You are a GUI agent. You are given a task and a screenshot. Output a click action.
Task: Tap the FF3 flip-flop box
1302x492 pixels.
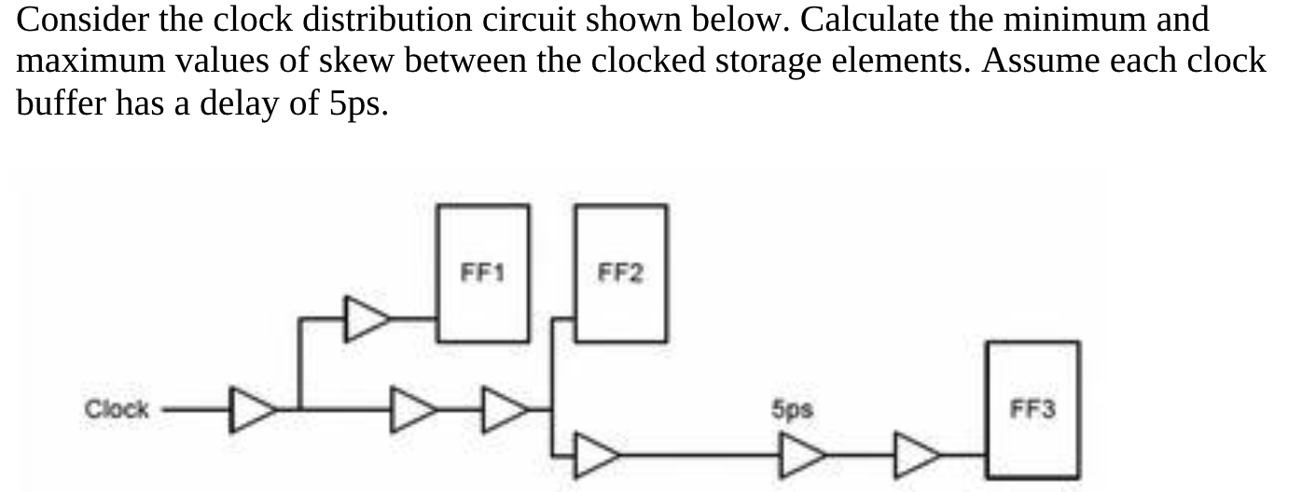click(1033, 410)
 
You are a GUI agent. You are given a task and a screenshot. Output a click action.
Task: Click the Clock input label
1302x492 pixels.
click(117, 409)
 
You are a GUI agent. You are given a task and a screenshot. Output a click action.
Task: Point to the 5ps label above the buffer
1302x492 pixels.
click(791, 408)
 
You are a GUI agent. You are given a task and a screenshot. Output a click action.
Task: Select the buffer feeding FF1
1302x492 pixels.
click(367, 318)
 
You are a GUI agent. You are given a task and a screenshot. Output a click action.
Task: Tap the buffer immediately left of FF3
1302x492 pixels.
click(918, 454)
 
